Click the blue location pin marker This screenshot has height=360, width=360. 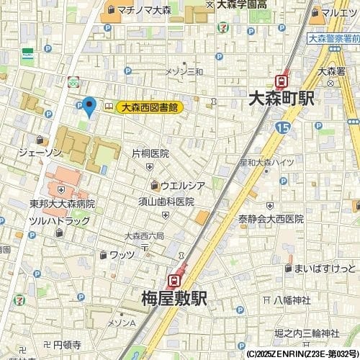pyautogui.click(x=89, y=107)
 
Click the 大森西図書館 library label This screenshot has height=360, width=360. pyautogui.click(x=149, y=107)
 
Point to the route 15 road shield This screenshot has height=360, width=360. pyautogui.click(x=282, y=127)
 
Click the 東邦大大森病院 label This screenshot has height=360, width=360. pyautogui.click(x=63, y=204)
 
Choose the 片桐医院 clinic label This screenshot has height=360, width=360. pyautogui.click(x=150, y=153)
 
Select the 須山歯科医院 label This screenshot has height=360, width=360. pyautogui.click(x=166, y=202)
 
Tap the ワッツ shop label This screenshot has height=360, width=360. pyautogui.click(x=122, y=254)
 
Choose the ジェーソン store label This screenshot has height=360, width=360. pyautogui.click(x=40, y=153)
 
